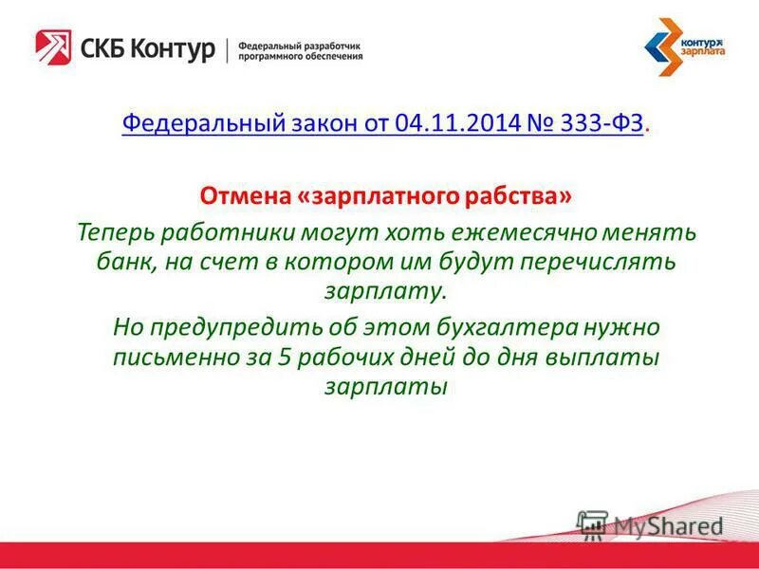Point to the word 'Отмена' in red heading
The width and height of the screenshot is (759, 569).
click(x=240, y=196)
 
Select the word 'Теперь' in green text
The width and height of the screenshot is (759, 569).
click(x=114, y=231)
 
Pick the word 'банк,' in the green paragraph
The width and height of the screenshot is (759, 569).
click(x=124, y=262)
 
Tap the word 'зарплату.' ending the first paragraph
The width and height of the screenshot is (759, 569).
click(x=384, y=292)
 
